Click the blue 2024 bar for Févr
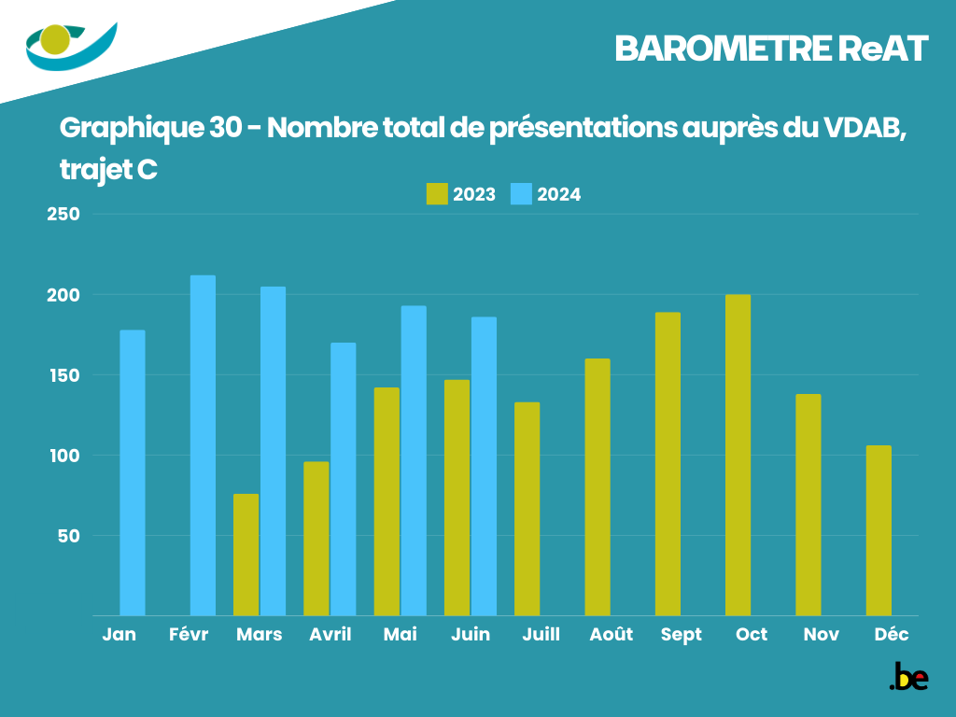click(x=203, y=445)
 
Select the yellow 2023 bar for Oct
click(x=738, y=456)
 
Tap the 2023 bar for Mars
click(x=246, y=555)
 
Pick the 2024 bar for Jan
click(x=133, y=472)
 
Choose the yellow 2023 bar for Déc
click(x=879, y=530)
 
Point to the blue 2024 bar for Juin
click(x=484, y=467)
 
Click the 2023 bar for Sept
click(x=668, y=464)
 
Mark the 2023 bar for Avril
click(x=316, y=539)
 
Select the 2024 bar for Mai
click(x=414, y=461)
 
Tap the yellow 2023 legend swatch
click(x=436, y=194)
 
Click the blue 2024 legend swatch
click(x=521, y=194)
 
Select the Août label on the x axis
click(x=612, y=635)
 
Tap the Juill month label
click(x=541, y=635)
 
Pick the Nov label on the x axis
click(x=822, y=635)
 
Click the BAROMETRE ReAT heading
click(x=771, y=49)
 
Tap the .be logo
click(x=908, y=677)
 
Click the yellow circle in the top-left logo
click(x=56, y=40)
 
